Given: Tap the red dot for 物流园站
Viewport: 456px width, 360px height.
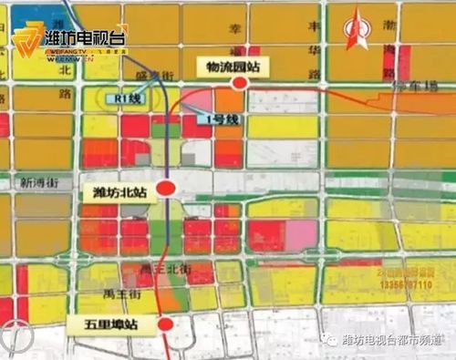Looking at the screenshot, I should coord(240,84).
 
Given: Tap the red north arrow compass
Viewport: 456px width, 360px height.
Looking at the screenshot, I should coord(354,31).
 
